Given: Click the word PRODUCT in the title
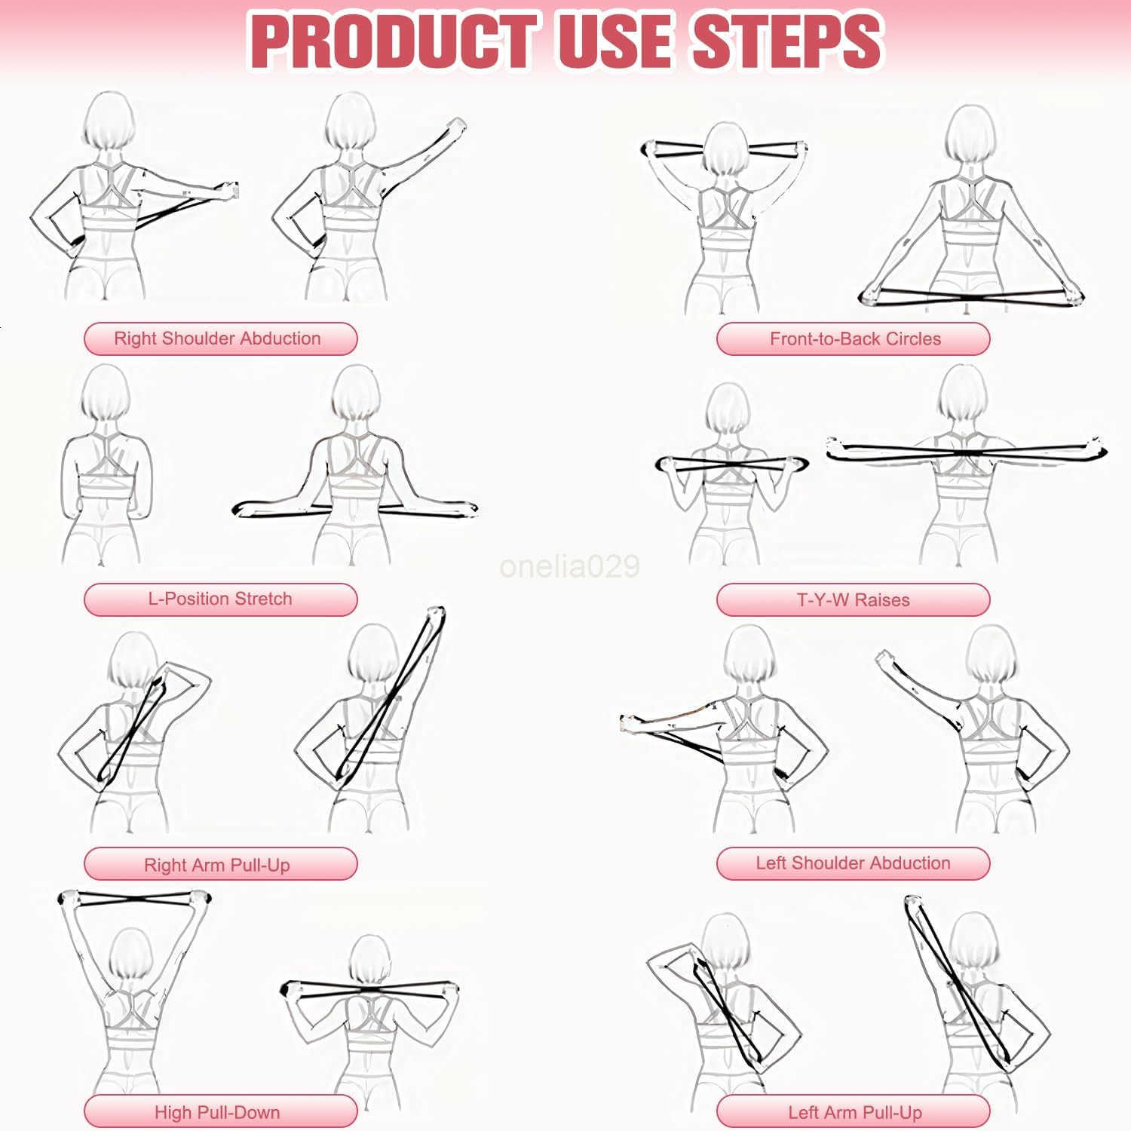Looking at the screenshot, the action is (392, 41).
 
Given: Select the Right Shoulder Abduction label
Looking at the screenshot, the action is (219, 339).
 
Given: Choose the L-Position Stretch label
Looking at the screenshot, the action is (219, 599).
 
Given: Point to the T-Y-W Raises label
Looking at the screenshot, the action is (853, 600).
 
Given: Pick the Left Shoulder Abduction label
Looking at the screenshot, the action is (853, 863).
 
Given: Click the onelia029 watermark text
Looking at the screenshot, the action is (569, 566).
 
